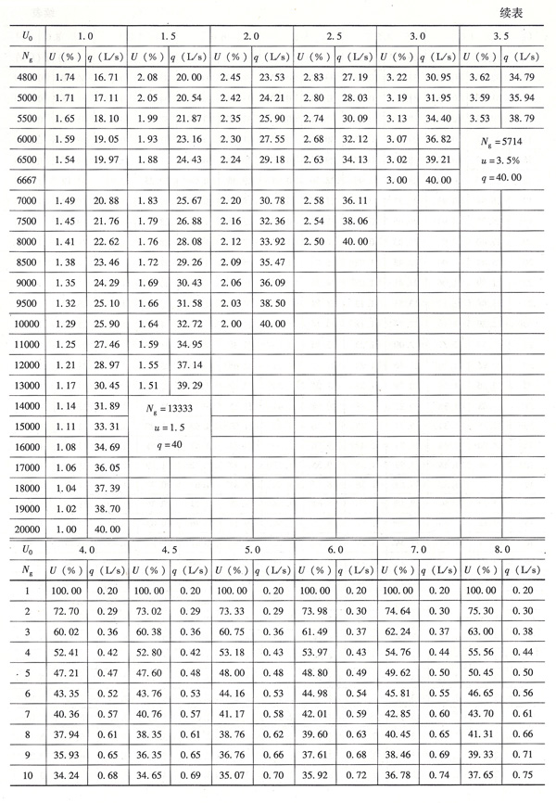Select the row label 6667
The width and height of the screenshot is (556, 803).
[x=27, y=179]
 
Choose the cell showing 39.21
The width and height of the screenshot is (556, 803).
[x=438, y=159]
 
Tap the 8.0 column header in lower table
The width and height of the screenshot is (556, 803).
[x=501, y=550]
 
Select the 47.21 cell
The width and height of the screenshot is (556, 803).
[x=65, y=672]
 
